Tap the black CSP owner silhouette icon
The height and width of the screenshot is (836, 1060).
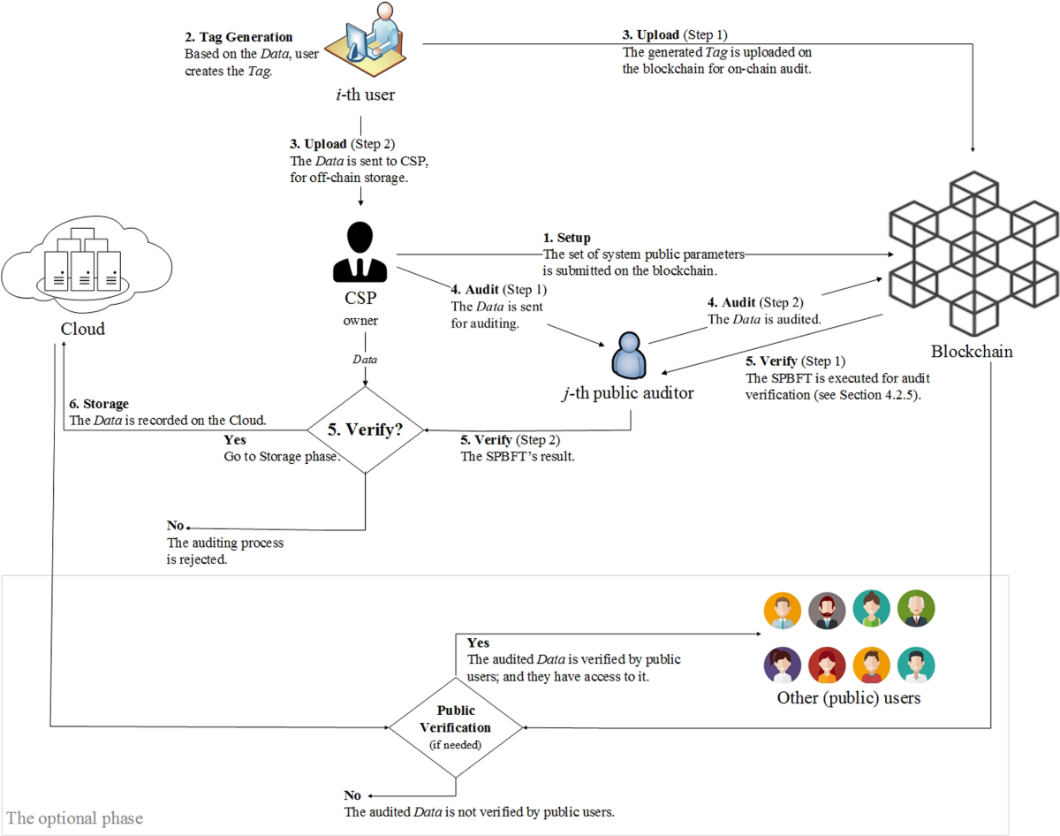pyautogui.click(x=360, y=252)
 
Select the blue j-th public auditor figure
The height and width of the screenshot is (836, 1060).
pyautogui.click(x=629, y=354)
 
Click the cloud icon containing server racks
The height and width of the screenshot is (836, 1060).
pyautogui.click(x=81, y=261)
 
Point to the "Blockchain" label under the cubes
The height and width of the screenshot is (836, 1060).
pyautogui.click(x=972, y=351)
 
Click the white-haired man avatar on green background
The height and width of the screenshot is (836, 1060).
pyautogui.click(x=916, y=609)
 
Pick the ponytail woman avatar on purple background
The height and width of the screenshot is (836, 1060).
pyautogui.click(x=783, y=665)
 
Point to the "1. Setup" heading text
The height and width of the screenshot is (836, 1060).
pyautogui.click(x=567, y=238)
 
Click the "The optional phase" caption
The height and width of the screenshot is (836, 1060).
pyautogui.click(x=74, y=817)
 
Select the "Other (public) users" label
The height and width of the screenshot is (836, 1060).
pyautogui.click(x=849, y=698)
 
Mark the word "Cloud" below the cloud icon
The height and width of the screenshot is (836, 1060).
pyautogui.click(x=82, y=329)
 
